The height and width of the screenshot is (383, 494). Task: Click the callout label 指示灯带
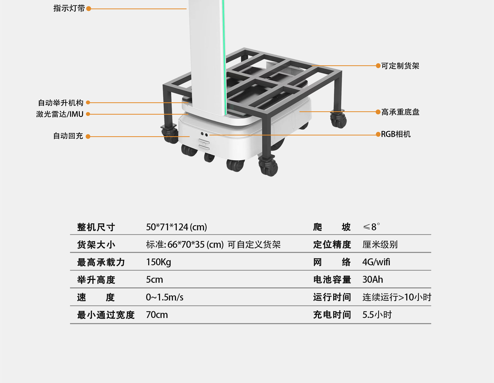[69, 8]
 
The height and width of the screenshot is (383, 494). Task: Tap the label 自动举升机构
[61, 103]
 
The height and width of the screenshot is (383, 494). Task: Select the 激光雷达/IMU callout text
[60, 114]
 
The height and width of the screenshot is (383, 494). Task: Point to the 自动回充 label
[68, 136]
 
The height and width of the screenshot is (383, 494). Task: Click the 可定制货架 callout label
[400, 66]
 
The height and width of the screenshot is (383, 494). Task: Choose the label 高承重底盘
[400, 112]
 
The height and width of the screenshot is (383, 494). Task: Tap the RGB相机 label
[396, 134]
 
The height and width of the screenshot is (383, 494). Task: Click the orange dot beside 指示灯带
[89, 9]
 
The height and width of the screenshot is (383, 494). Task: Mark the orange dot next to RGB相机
[378, 134]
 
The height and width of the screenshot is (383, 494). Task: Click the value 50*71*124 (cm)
[177, 227]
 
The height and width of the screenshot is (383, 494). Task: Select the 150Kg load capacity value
[158, 262]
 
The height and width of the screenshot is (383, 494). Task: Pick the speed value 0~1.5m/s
[165, 297]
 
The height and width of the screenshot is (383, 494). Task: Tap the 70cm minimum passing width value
[157, 315]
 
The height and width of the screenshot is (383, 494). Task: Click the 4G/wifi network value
[376, 262]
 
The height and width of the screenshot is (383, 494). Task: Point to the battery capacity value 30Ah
[373, 279]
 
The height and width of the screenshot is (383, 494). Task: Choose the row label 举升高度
[96, 280]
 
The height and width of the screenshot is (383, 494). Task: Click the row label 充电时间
[332, 315]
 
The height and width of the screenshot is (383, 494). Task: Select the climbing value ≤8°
[371, 226]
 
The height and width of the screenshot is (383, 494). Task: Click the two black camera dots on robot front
[204, 134]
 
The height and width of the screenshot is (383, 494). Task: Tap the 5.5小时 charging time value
[377, 315]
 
